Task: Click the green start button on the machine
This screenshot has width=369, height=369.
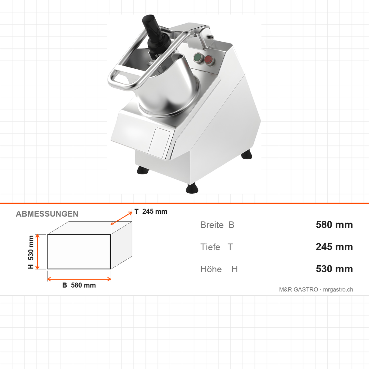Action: [x=198, y=58]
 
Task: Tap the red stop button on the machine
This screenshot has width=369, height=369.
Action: [x=208, y=60]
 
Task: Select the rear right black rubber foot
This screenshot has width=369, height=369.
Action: [x=247, y=154]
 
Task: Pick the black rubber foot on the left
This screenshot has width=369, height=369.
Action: [x=143, y=170]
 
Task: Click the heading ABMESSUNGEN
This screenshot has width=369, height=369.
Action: [x=47, y=214]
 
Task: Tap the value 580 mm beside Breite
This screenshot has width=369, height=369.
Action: [x=334, y=225]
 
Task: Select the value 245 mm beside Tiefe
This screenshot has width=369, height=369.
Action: [x=334, y=247]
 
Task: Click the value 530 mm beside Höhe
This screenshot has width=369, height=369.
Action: [x=334, y=269]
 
